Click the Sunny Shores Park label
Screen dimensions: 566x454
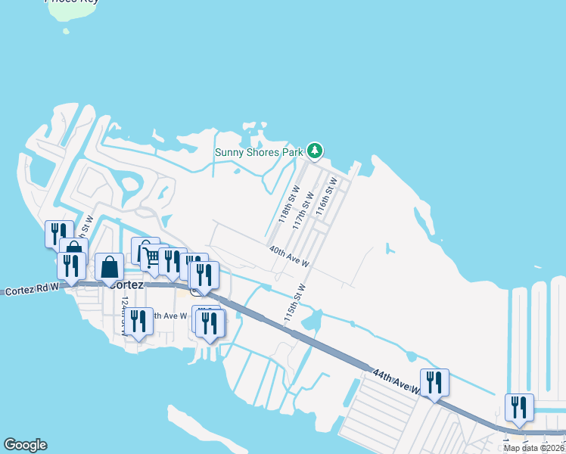(258, 151)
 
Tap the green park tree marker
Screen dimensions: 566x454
(316, 151)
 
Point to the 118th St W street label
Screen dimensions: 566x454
(288, 202)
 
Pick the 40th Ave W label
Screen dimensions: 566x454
(289, 256)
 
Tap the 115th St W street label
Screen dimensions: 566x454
(294, 304)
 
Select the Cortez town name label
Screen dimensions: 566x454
(126, 285)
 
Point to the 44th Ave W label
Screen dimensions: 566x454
(395, 381)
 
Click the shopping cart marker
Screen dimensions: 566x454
(152, 257)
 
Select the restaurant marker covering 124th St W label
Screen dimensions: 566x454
(138, 321)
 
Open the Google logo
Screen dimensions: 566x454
(25, 445)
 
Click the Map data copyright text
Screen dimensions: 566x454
(533, 448)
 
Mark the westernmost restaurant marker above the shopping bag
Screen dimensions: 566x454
(59, 234)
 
